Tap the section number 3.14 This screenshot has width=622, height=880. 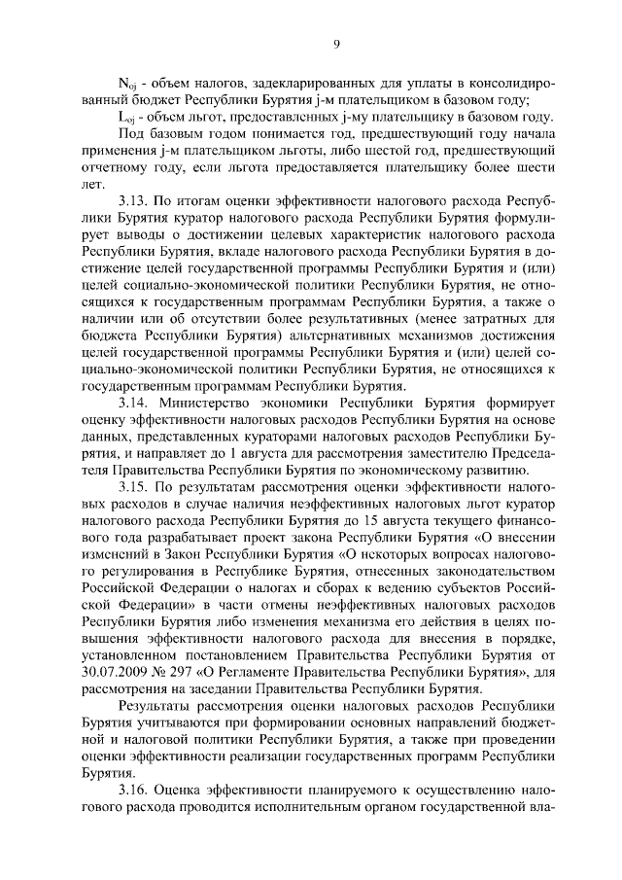[136, 400]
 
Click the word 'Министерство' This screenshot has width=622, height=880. [221, 400]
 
